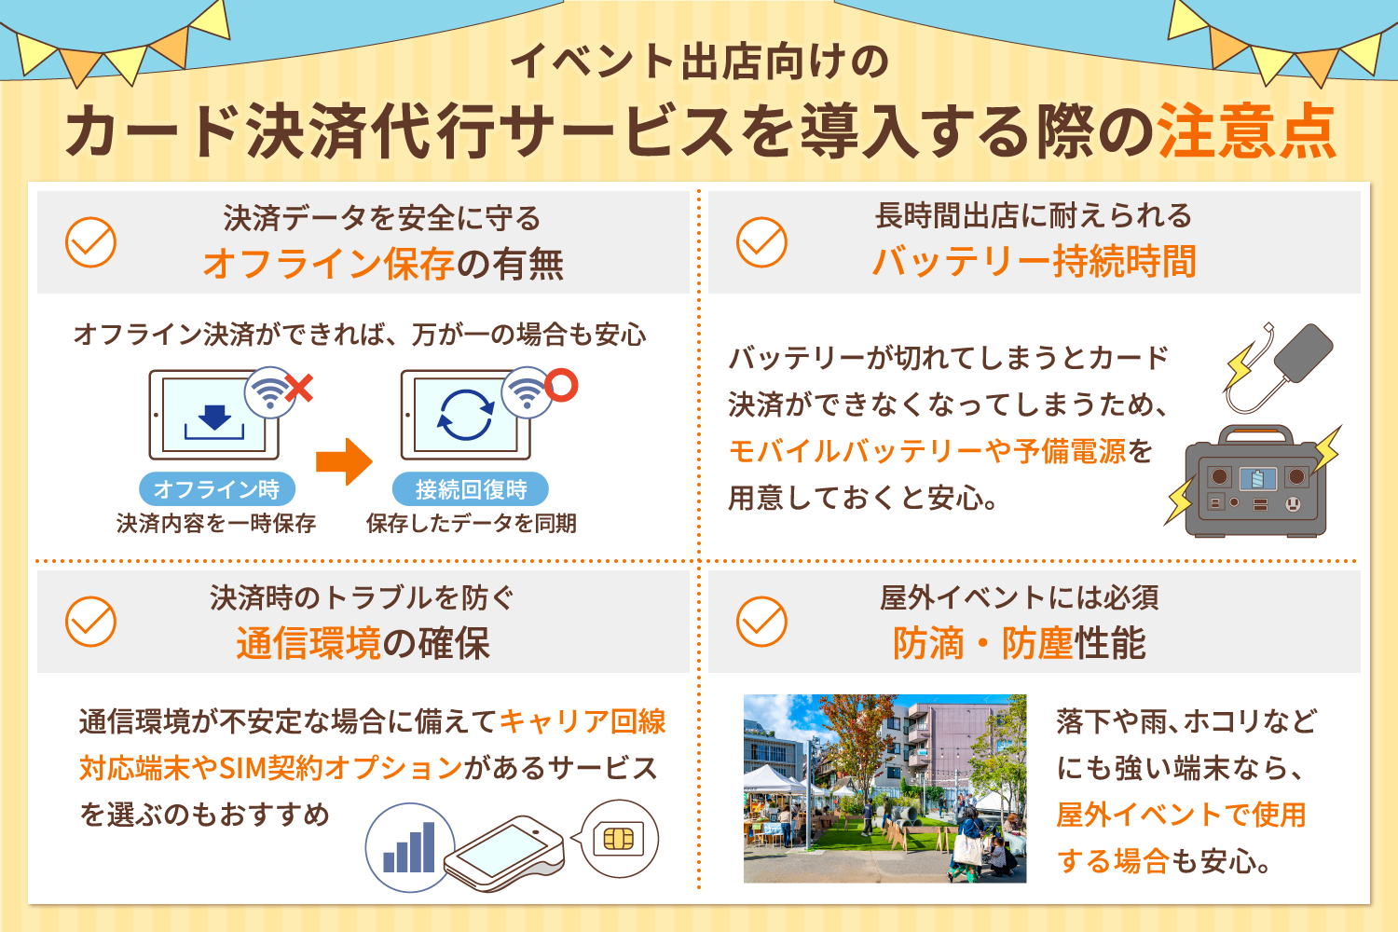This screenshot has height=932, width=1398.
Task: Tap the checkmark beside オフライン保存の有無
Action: (x=90, y=242)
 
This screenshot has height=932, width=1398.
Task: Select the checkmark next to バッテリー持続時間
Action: (x=761, y=242)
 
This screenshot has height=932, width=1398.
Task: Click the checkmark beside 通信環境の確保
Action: (x=90, y=622)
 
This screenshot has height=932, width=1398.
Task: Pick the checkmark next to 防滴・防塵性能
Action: (x=761, y=622)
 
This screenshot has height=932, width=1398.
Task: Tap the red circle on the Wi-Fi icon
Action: (x=561, y=385)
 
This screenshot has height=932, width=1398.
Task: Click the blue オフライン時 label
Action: (x=216, y=489)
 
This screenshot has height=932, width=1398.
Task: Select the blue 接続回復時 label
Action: (x=471, y=489)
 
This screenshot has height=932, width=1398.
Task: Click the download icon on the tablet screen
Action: (x=215, y=419)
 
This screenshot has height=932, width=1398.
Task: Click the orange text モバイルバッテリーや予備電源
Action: (x=926, y=452)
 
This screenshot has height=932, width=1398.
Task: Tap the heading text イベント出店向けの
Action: (x=699, y=62)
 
